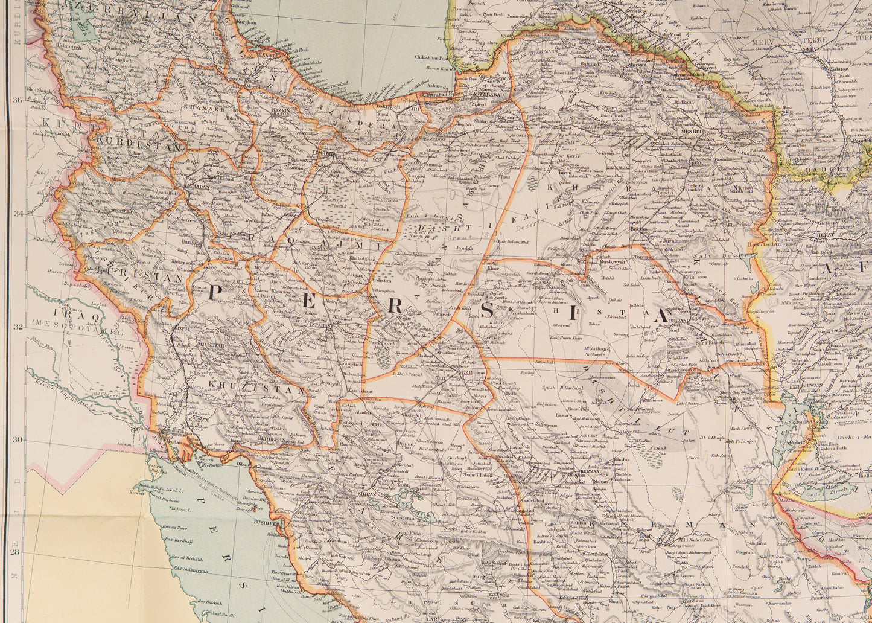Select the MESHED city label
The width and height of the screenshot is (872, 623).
[x=693, y=131]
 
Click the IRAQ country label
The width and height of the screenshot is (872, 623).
[x=67, y=313]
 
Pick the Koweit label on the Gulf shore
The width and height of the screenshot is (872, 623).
[x=137, y=493]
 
